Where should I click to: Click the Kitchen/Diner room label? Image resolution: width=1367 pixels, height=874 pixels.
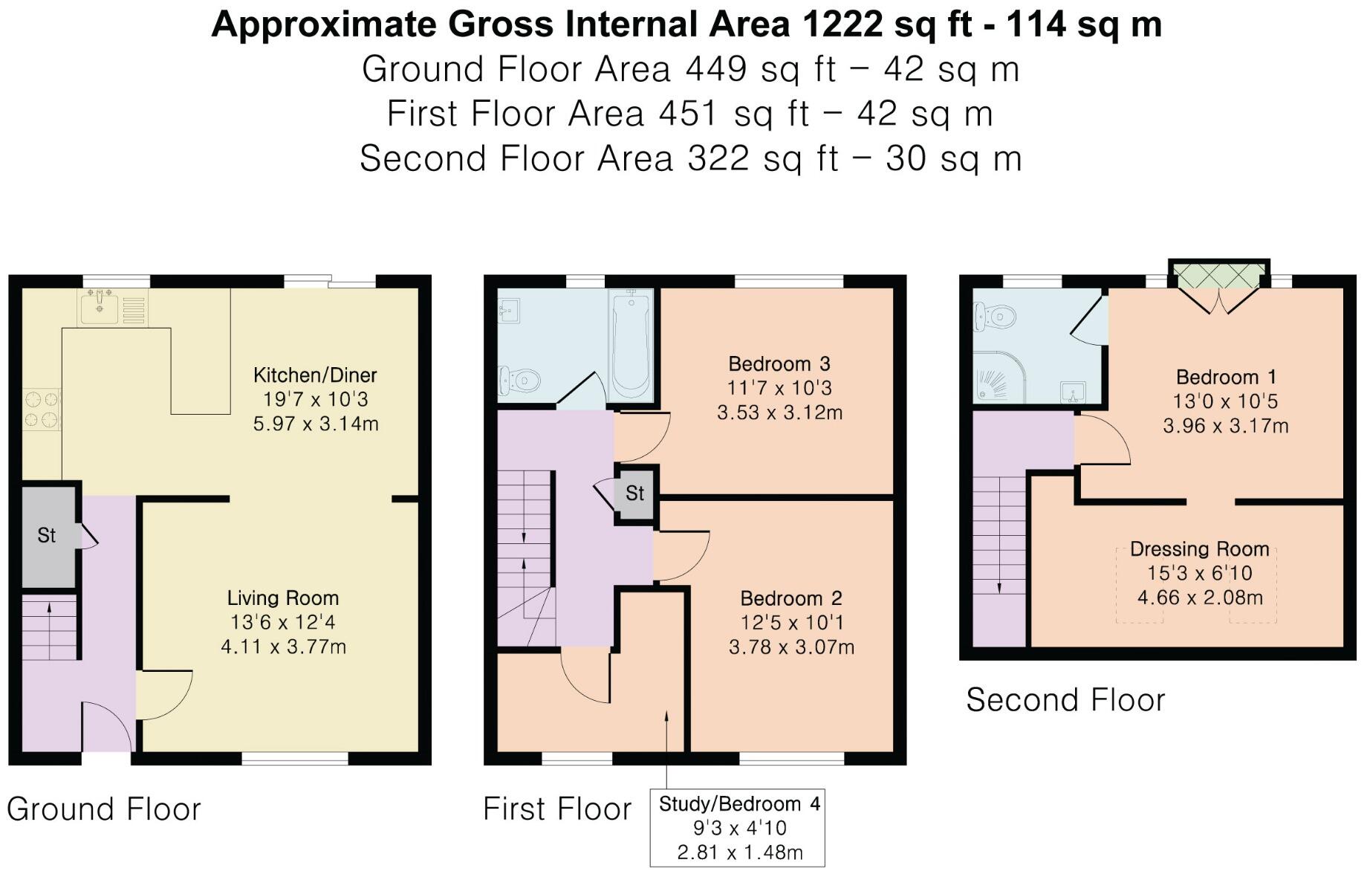coord(315,375)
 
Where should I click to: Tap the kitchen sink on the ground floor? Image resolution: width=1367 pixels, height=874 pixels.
coord(99,307)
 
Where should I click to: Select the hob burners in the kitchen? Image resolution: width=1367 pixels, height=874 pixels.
coord(42,410)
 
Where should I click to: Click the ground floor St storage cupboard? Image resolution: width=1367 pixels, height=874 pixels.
coord(48,535)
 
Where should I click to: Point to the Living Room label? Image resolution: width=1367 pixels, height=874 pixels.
coord(283,598)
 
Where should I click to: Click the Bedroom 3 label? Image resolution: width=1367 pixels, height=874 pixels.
coord(779,364)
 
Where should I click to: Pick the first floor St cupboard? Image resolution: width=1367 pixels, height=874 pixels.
coord(635,493)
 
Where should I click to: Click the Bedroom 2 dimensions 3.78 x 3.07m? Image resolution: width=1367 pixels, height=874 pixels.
coord(791,647)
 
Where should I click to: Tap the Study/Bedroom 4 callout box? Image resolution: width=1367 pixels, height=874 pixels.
coord(738,828)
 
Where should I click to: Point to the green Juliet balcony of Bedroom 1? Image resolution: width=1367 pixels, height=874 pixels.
coord(1218,274)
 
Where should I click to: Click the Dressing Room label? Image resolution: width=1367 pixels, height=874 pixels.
coord(1200,549)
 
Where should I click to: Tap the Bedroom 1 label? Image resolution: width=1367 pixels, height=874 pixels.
coord(1225,378)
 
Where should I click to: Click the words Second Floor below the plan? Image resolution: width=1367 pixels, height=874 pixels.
coord(1066,700)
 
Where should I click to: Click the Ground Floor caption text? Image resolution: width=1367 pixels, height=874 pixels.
coord(104,809)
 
